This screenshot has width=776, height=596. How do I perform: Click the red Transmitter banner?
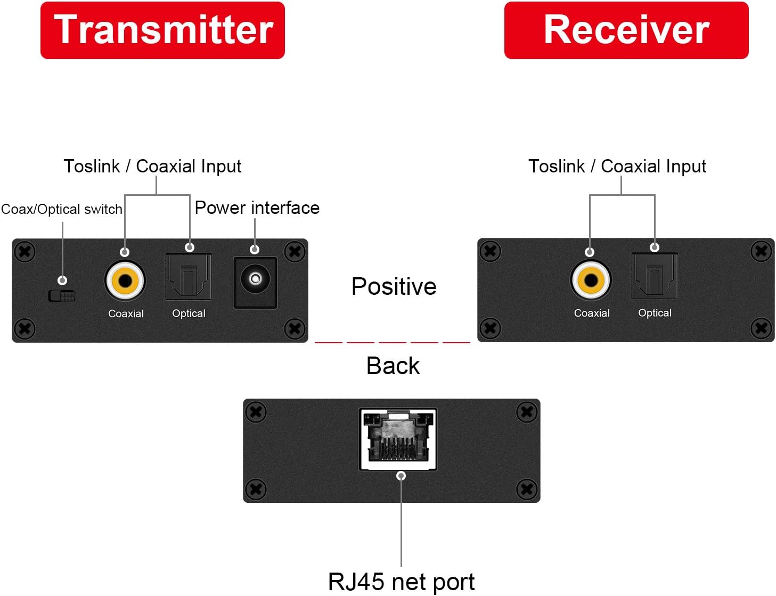(x=162, y=30)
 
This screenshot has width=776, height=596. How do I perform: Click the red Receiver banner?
(x=626, y=30)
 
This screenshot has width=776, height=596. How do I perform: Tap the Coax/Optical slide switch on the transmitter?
(x=62, y=296)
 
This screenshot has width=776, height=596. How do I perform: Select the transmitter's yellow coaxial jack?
(x=125, y=280)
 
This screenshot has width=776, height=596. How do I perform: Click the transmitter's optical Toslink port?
(x=189, y=277)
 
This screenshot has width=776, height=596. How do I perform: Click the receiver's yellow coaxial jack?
(x=591, y=280)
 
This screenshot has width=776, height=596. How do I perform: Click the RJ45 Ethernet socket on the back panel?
(x=398, y=440)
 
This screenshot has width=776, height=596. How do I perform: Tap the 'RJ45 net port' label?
(x=401, y=582)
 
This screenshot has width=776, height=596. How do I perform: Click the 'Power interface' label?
(x=257, y=208)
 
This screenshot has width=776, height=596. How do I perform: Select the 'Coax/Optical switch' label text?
(x=61, y=209)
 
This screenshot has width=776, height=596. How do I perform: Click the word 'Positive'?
(x=394, y=287)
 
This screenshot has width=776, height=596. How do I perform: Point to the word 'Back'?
(x=393, y=366)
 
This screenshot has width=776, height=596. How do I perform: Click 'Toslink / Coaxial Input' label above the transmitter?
(x=152, y=167)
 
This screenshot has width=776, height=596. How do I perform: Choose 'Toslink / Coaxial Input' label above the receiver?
(x=617, y=167)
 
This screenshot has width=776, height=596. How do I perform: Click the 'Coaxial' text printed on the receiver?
(x=592, y=313)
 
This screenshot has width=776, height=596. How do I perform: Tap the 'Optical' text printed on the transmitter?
(x=189, y=314)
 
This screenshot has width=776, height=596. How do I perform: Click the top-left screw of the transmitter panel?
(x=24, y=252)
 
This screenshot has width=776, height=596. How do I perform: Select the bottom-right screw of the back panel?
(x=527, y=489)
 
